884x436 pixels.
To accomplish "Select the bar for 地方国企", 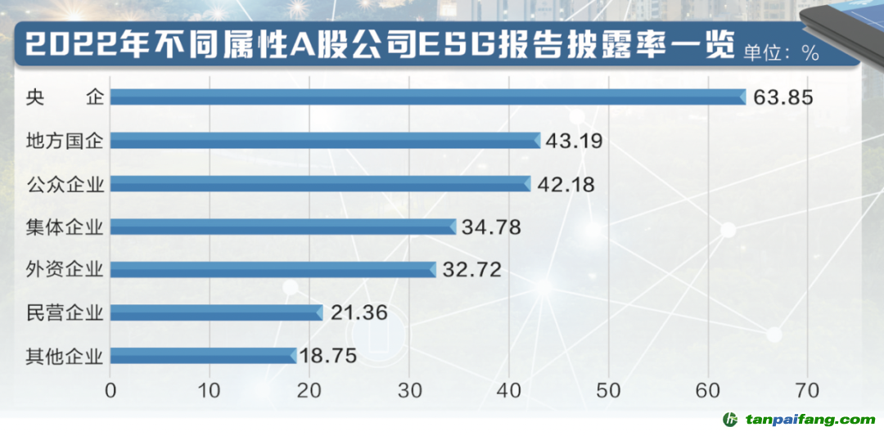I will [x=325, y=141].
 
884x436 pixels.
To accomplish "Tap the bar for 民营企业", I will [x=216, y=312].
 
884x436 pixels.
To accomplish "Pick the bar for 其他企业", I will [x=203, y=356].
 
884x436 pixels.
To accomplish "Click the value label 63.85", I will [x=783, y=98].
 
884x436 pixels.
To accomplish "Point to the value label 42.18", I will [x=566, y=184].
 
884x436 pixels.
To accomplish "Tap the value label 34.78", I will [x=491, y=227].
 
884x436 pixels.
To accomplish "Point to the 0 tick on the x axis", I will [x=111, y=389].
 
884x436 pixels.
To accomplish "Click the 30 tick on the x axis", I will [x=409, y=389].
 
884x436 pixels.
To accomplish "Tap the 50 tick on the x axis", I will [x=609, y=389].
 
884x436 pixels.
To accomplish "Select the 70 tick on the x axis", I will [x=808, y=389].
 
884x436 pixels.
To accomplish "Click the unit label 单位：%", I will [x=781, y=53].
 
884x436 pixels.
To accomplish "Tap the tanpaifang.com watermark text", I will [x=810, y=420].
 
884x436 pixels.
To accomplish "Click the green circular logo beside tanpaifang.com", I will [x=730, y=420].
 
